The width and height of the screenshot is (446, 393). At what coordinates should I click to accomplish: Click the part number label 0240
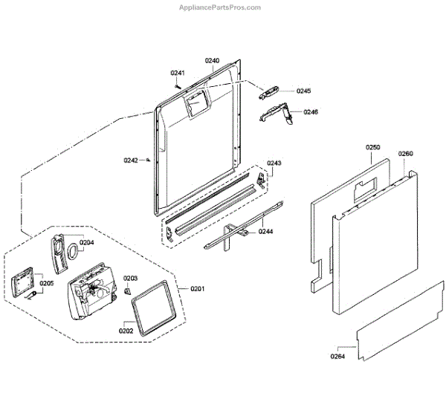212,60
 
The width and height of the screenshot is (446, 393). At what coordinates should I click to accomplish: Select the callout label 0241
177,73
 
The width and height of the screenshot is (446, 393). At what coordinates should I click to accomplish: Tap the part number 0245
303,91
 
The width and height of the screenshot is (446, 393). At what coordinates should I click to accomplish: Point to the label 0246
310,112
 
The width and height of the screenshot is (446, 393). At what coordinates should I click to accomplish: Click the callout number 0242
131,160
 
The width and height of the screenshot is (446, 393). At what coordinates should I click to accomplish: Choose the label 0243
274,163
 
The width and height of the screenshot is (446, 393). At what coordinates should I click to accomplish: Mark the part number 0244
266,232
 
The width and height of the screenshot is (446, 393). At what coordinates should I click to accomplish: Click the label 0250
373,148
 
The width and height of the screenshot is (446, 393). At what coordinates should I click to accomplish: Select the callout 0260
405,154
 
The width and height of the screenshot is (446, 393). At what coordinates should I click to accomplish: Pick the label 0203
130,279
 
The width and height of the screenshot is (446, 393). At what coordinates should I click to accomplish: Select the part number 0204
87,242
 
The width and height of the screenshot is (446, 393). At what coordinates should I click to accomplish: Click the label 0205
46,283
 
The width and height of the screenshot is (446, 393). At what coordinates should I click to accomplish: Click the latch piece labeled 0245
268,92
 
